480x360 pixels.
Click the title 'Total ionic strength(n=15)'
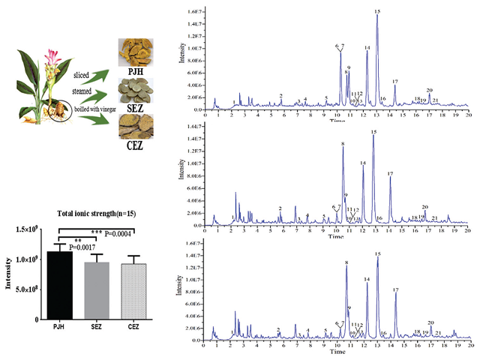point(95,214)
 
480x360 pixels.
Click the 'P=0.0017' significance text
point(83,247)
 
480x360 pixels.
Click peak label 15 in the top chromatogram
point(376,11)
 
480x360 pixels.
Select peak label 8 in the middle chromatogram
point(343,143)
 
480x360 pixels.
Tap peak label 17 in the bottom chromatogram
point(395,289)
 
